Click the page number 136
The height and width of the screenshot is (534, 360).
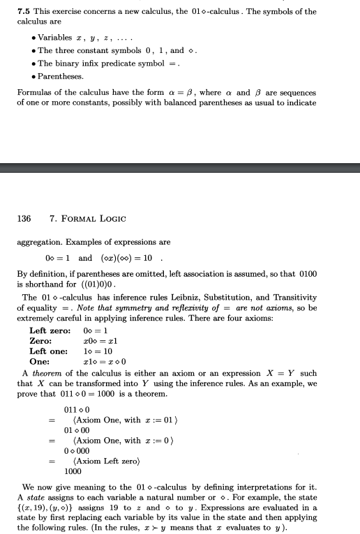(x=24, y=218)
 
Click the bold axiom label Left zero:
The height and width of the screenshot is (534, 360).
(x=50, y=330)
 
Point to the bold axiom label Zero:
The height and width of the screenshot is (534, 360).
(x=40, y=340)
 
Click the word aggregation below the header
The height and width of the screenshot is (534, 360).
(x=38, y=243)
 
